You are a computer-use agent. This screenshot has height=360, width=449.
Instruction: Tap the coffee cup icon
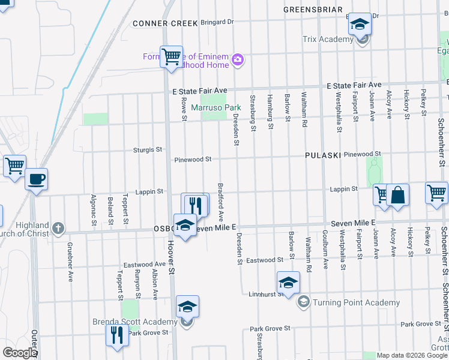[36, 179]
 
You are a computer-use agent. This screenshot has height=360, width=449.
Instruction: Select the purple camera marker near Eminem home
[238, 59]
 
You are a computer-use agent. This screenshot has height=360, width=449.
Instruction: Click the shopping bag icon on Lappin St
[397, 195]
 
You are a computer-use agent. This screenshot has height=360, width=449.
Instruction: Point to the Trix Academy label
[328, 40]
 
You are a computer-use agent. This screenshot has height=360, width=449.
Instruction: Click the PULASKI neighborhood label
[322, 155]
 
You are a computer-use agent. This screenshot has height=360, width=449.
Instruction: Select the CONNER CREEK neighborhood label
[165, 23]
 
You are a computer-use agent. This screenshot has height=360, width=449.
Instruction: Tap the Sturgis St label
[150, 149]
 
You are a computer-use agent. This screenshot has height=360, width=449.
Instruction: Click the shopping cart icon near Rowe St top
[172, 57]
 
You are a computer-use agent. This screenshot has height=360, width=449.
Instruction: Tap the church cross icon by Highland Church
[58, 228]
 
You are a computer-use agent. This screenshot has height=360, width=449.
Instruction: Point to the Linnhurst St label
[265, 294]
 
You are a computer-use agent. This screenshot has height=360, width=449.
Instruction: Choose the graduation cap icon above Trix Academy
[360, 25]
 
